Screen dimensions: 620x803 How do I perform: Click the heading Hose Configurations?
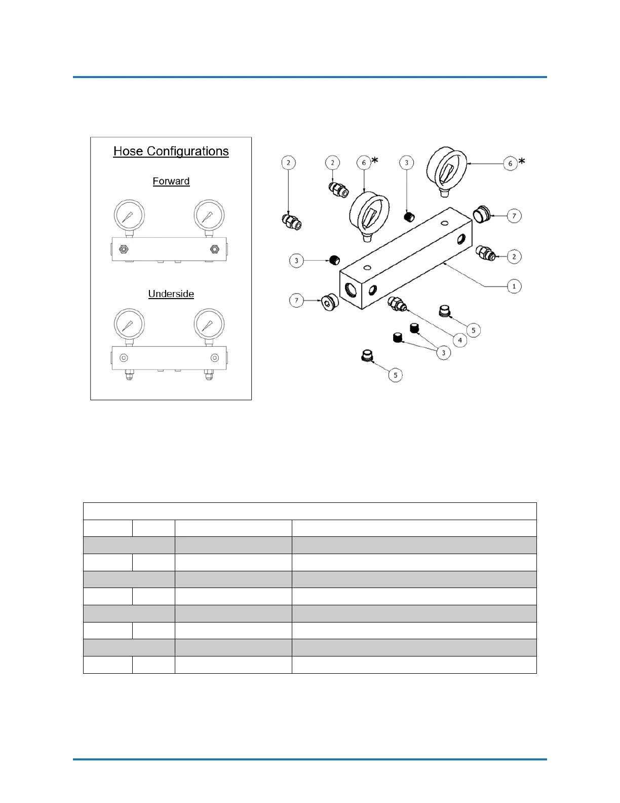pyautogui.click(x=171, y=151)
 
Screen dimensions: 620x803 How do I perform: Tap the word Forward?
pyautogui.click(x=171, y=181)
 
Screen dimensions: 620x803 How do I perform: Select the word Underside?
pyautogui.click(x=171, y=294)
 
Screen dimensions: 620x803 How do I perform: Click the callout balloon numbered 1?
pyautogui.click(x=514, y=286)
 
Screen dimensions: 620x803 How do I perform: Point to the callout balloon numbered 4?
pyautogui.click(x=459, y=340)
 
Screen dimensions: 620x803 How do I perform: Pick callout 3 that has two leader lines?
pyautogui.click(x=443, y=352)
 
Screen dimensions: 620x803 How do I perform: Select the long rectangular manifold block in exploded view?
pyautogui.click(x=405, y=259)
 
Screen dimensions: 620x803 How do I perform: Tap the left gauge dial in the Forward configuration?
pyautogui.click(x=129, y=215)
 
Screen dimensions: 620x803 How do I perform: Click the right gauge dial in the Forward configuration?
pyautogui.click(x=209, y=215)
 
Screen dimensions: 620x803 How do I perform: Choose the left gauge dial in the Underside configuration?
pyautogui.click(x=129, y=323)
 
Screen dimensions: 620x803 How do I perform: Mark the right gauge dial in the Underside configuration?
pyautogui.click(x=209, y=323)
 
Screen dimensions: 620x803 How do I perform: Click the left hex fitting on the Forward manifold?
pyautogui.click(x=123, y=249)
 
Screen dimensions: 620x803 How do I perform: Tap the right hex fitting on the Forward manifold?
pyautogui.click(x=214, y=249)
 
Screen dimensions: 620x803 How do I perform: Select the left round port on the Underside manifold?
pyautogui.click(x=124, y=358)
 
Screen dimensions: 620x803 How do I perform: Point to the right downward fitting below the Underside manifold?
pyautogui.click(x=208, y=375)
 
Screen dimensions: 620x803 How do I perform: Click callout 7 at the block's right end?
pyautogui.click(x=514, y=216)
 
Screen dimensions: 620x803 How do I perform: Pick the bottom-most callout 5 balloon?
pyautogui.click(x=395, y=375)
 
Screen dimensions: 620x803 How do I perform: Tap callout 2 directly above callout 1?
pyautogui.click(x=514, y=257)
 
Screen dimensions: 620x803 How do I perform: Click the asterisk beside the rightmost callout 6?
pyautogui.click(x=522, y=161)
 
